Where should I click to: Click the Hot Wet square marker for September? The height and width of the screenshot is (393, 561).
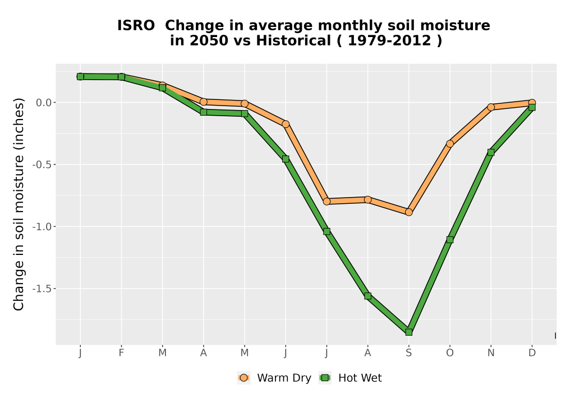point(408,332)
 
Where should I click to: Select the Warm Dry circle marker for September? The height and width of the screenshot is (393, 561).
point(408,212)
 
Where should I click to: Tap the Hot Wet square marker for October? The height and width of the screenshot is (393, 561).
point(450,240)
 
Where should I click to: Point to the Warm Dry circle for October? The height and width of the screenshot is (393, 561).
point(450,144)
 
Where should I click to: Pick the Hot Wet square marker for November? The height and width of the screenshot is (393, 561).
point(491,152)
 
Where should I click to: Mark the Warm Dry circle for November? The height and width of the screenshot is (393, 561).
point(491,107)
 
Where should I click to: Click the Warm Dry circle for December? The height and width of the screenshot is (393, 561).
point(532,103)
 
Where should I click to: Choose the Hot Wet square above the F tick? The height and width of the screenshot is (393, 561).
point(121,76)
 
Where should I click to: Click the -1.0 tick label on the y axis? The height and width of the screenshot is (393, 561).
point(43,227)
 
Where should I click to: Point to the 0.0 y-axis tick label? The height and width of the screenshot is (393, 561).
point(44,103)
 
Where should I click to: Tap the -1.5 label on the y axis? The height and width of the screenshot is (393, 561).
point(43,289)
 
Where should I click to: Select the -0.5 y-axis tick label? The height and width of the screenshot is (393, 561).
point(43,164)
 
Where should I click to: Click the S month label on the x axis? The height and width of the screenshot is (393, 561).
point(408,353)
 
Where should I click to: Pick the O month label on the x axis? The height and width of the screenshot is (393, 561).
point(450,353)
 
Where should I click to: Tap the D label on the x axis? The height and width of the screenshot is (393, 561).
point(532,353)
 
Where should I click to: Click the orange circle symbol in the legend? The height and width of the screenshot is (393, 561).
point(243,378)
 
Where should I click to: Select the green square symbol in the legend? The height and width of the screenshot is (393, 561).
point(325,378)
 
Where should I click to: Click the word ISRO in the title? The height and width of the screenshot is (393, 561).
point(136,25)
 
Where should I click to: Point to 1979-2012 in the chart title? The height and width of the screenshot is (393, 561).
point(389,40)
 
